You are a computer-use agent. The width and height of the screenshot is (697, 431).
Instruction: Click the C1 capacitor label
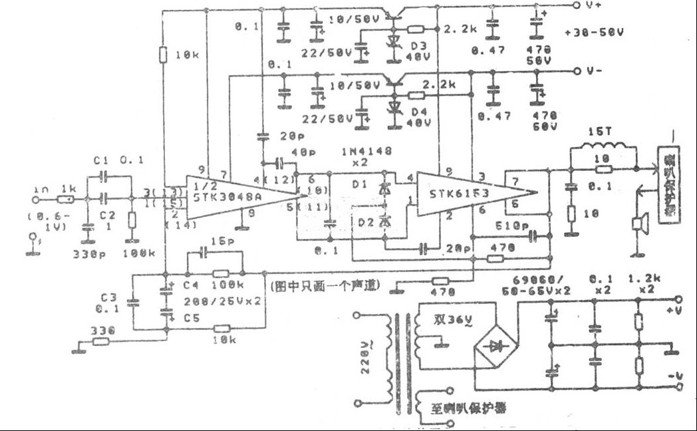tap(101, 161)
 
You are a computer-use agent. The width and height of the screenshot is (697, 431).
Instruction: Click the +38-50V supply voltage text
tap(588, 32)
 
